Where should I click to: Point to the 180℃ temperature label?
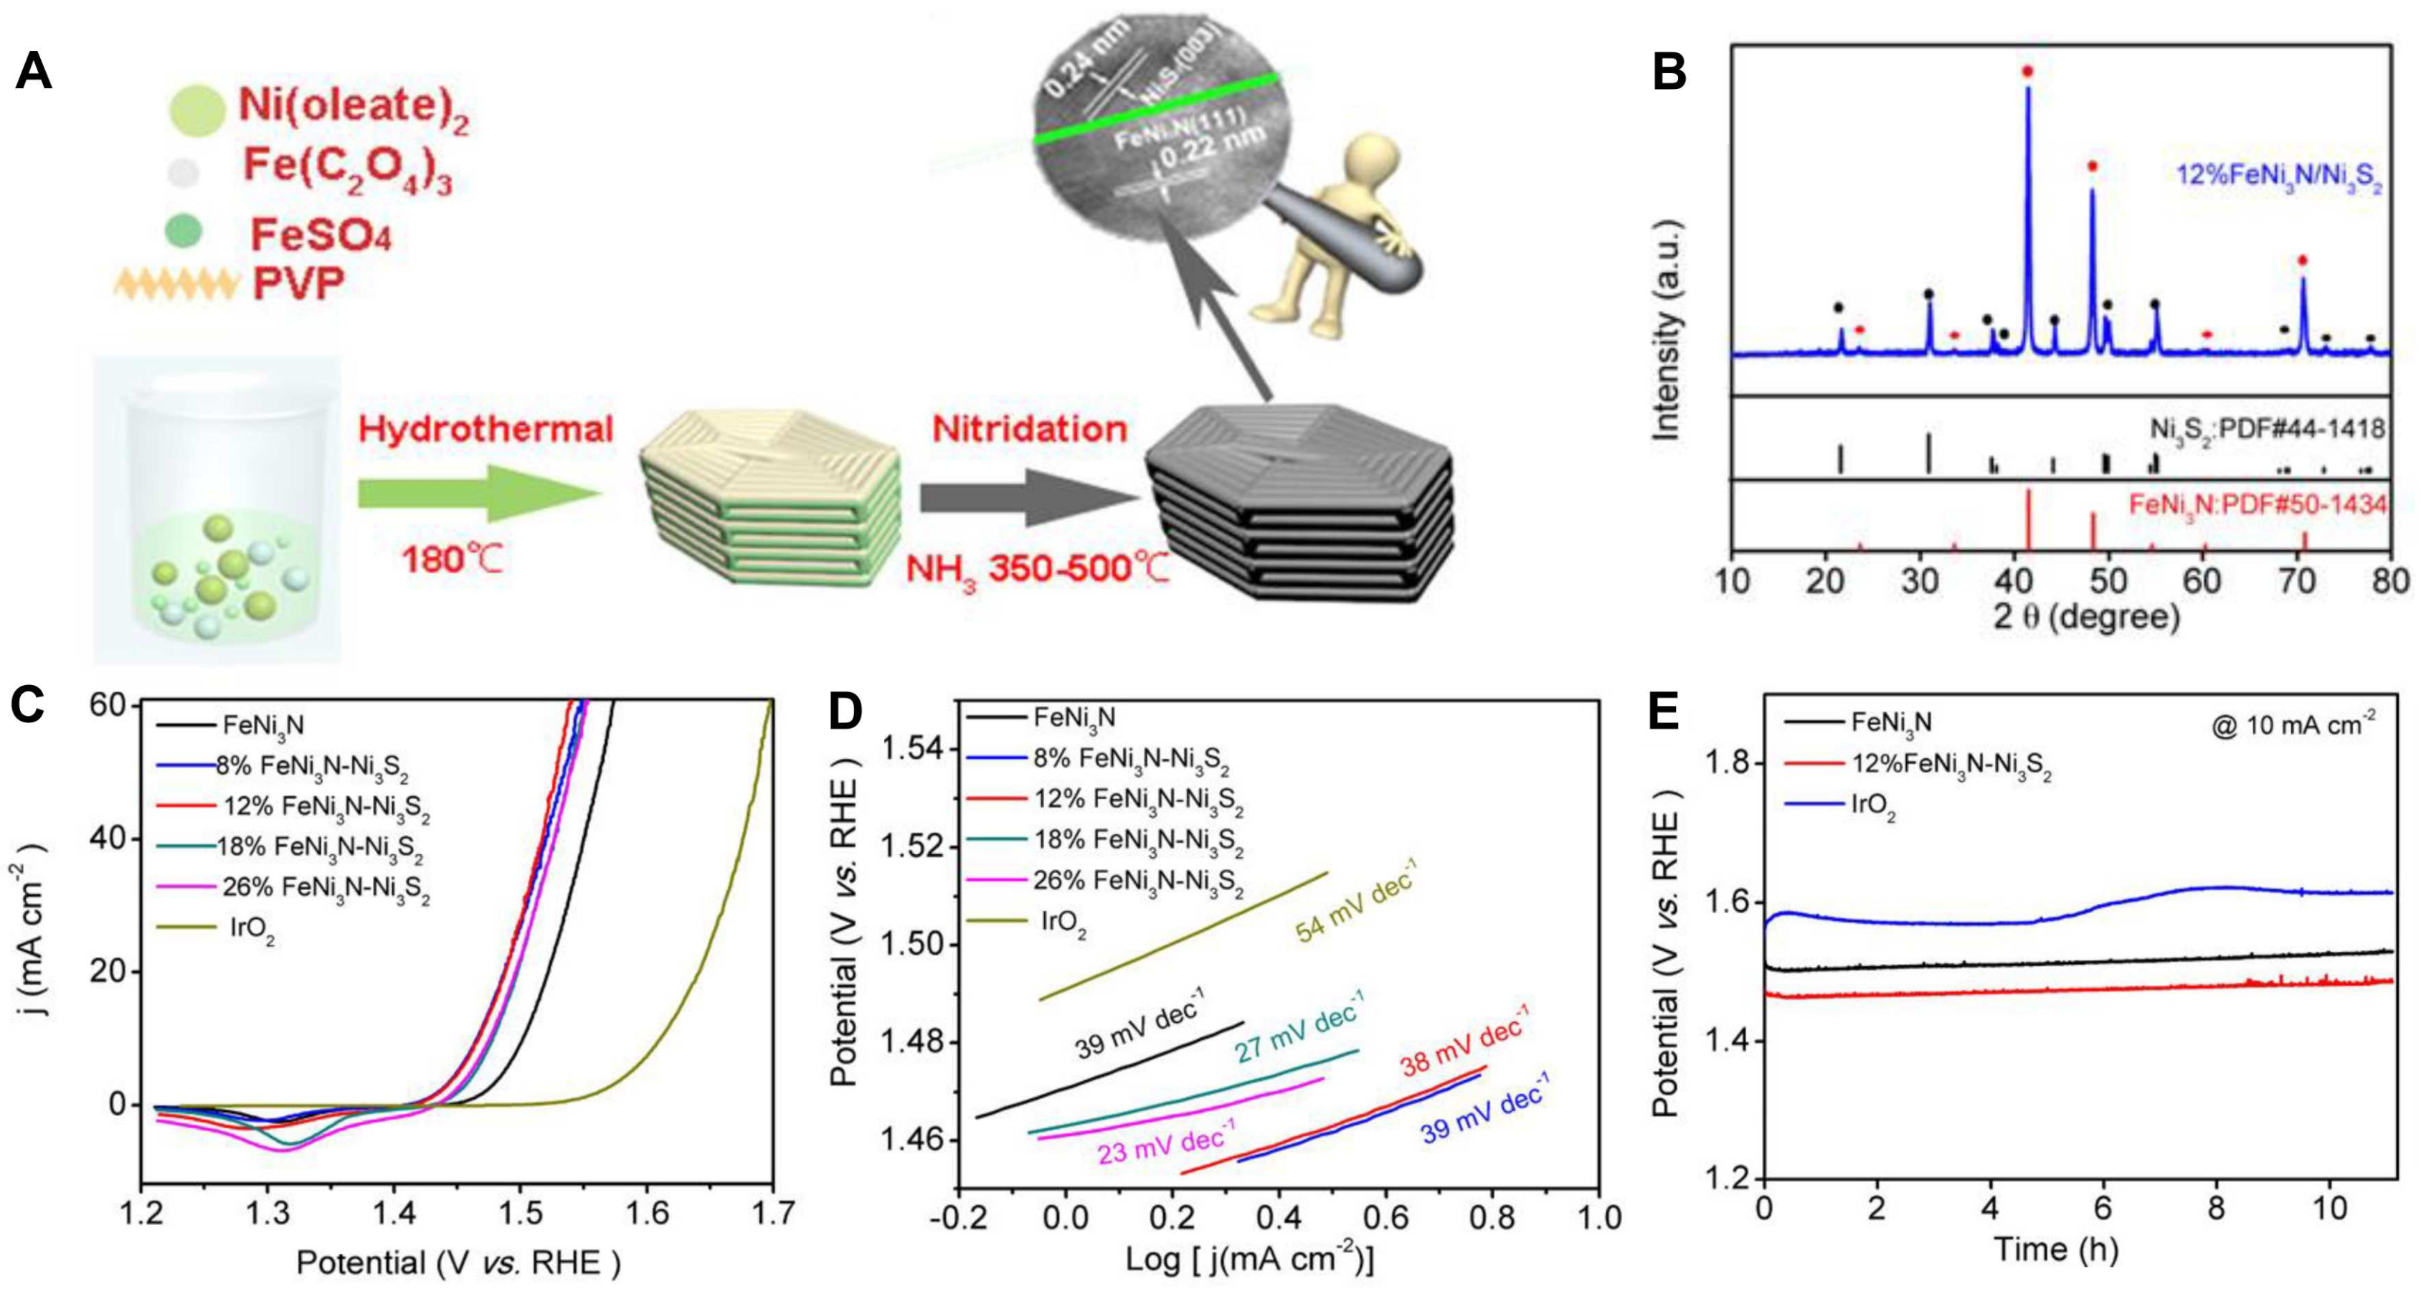452,561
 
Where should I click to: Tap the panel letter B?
1669,72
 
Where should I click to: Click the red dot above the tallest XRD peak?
2027,72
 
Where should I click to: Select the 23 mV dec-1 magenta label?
1165,1143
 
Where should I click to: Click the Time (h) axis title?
2055,1250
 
